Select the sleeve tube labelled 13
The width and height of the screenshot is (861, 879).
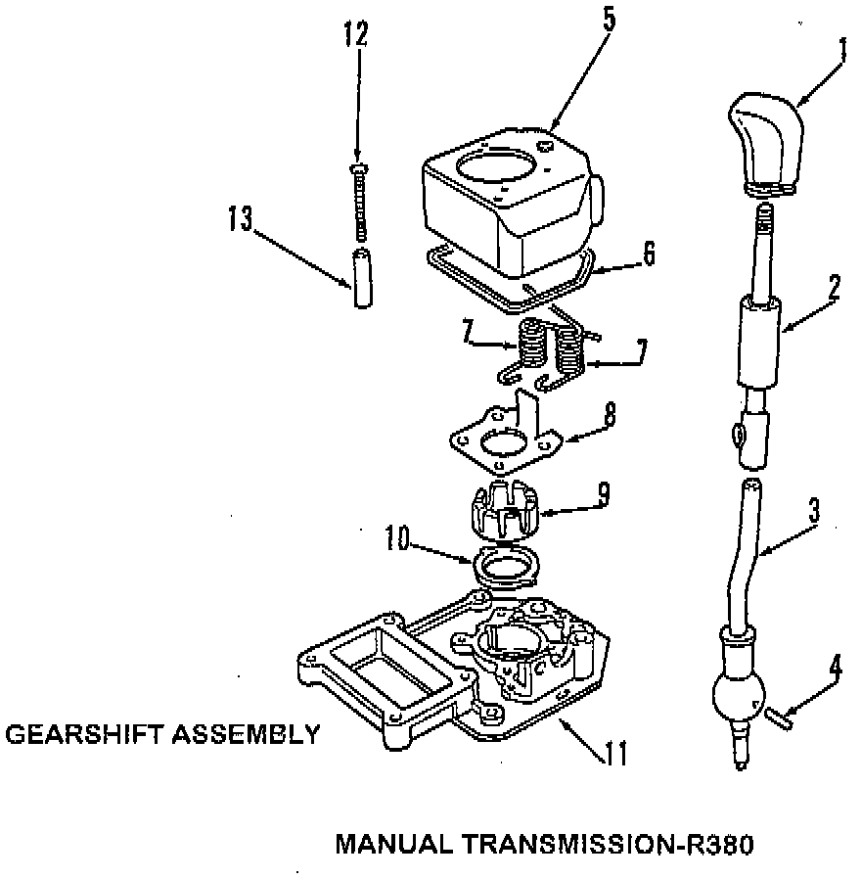(362, 279)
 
